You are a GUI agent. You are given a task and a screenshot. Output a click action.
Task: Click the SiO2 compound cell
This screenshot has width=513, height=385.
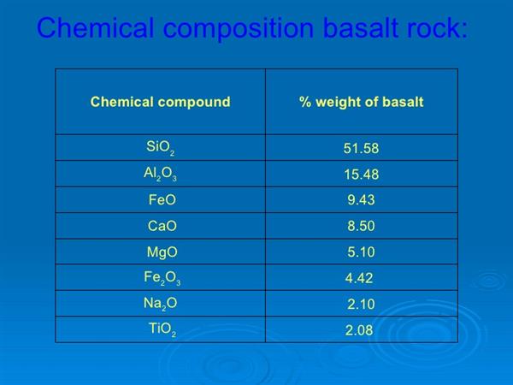(161, 148)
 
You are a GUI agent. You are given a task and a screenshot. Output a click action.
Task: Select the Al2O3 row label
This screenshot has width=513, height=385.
(161, 174)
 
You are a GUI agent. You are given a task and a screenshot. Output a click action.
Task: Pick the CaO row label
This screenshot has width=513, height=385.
(162, 226)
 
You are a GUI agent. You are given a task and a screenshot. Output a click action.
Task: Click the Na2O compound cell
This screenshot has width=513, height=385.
(161, 304)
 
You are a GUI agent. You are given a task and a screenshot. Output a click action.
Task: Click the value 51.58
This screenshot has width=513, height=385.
(361, 148)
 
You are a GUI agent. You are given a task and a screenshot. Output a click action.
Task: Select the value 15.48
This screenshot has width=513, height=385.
(362, 175)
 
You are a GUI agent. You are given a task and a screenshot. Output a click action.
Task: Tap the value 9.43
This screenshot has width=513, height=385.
(361, 199)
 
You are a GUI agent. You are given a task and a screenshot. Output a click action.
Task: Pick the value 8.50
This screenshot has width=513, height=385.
(361, 226)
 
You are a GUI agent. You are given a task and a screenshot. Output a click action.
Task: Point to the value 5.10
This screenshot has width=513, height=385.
(361, 252)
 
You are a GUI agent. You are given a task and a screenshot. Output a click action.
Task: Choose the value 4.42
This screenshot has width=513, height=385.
(359, 278)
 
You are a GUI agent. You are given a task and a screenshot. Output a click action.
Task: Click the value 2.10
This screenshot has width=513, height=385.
(361, 304)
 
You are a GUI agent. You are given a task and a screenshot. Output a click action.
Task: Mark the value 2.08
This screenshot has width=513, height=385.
(359, 330)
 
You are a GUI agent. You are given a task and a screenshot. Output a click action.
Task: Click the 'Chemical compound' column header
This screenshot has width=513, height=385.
(161, 102)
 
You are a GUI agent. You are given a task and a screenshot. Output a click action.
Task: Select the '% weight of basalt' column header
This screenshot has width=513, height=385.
(361, 102)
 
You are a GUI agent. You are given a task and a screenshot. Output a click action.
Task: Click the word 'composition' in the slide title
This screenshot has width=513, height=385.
(239, 29)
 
